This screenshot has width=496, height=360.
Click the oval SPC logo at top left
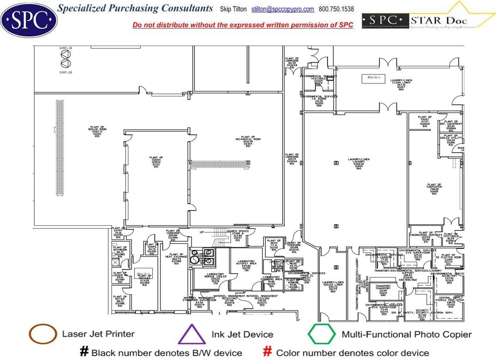pos(29,19)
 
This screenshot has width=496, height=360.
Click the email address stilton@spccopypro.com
pos(282,9)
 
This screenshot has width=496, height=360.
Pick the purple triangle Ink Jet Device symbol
pos(191,335)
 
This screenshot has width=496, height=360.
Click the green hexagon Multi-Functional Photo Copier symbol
pos(322,334)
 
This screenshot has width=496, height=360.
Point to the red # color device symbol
pos(268,352)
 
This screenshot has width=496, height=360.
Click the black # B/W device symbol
pos(84,352)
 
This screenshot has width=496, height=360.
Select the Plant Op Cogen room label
pos(156,161)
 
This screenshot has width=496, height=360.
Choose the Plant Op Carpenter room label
pos(434,188)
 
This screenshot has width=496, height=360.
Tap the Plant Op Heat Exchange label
pos(176,258)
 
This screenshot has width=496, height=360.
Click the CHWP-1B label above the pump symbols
pos(66,47)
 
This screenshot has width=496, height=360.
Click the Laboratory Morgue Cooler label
pos(215,278)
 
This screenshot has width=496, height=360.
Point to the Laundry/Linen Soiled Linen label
pos(333,286)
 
